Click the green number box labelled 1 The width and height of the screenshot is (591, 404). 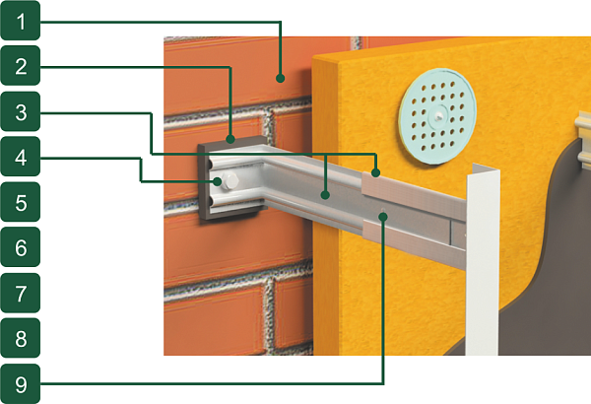(x=21, y=21)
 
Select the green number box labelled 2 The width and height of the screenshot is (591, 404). (x=21, y=66)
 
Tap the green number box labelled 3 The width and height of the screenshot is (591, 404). (x=21, y=111)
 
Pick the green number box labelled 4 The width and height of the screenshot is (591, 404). (x=21, y=157)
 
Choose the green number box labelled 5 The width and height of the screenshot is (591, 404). (x=21, y=202)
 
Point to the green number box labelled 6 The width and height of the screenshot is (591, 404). (x=21, y=247)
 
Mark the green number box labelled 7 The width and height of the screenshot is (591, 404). (x=21, y=293)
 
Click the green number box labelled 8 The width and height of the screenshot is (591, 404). (x=21, y=338)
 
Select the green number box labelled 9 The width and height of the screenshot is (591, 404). (x=21, y=383)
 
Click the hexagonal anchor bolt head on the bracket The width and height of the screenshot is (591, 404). (x=230, y=181)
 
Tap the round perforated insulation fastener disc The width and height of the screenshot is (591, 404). (x=437, y=116)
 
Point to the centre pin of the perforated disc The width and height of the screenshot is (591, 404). (x=437, y=115)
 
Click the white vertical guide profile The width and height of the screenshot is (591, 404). (x=483, y=260)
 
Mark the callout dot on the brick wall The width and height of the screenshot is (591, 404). (x=280, y=79)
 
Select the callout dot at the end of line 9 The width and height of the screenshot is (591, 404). (x=384, y=216)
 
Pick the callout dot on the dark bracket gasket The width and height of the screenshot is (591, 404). (x=230, y=140)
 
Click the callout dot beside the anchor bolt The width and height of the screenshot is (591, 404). (x=217, y=181)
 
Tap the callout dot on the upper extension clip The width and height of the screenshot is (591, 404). (x=375, y=173)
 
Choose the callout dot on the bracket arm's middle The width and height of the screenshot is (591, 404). (x=325, y=195)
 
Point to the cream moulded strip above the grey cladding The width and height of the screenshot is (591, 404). (x=583, y=140)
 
